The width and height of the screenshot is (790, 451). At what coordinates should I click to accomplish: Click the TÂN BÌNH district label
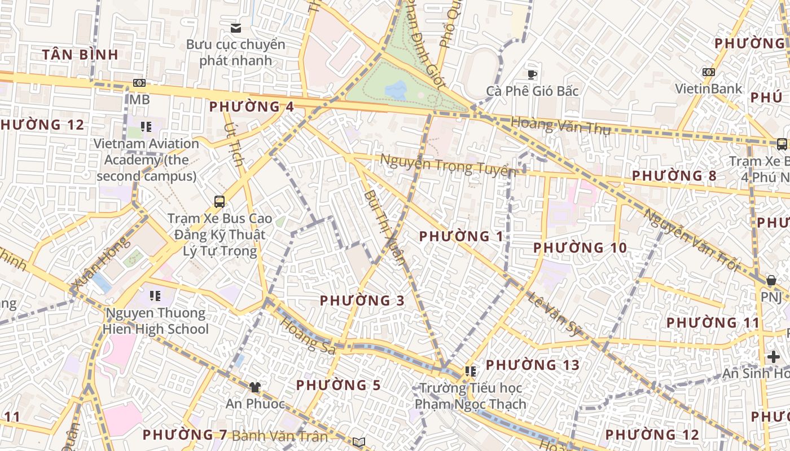pyautogui.click(x=80, y=55)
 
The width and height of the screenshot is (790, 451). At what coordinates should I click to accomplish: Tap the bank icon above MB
pyautogui.click(x=139, y=83)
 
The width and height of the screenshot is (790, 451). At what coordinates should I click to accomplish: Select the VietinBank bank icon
pyautogui.click(x=709, y=72)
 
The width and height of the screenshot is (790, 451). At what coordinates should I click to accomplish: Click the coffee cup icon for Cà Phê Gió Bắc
pyautogui.click(x=532, y=74)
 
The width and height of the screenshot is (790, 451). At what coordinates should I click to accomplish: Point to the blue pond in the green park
pyautogui.click(x=396, y=89)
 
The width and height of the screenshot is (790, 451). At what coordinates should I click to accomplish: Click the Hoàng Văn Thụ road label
pyautogui.click(x=560, y=126)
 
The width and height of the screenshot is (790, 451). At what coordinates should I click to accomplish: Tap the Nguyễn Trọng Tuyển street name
pyautogui.click(x=448, y=165)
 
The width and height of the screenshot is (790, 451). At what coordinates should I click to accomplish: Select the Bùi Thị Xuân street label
pyautogui.click(x=385, y=226)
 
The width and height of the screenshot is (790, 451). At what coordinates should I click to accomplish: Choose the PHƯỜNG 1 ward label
pyautogui.click(x=461, y=237)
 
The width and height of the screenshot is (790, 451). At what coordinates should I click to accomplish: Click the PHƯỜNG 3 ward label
pyautogui.click(x=362, y=301)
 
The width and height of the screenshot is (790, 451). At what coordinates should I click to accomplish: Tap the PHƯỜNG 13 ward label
pyautogui.click(x=533, y=365)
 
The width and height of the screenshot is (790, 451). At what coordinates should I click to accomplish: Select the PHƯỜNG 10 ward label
pyautogui.click(x=580, y=248)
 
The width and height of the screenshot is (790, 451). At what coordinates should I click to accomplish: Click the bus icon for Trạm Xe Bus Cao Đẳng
pyautogui.click(x=220, y=201)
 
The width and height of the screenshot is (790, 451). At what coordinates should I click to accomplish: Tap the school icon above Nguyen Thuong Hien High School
pyautogui.click(x=155, y=296)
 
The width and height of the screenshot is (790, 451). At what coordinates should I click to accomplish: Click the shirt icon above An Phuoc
pyautogui.click(x=255, y=387)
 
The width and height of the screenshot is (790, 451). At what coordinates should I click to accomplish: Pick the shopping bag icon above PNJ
pyautogui.click(x=771, y=280)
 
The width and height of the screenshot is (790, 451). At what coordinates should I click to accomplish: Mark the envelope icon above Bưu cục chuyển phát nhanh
pyautogui.click(x=236, y=28)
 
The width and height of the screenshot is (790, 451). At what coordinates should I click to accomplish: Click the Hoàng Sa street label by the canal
pyautogui.click(x=308, y=337)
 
